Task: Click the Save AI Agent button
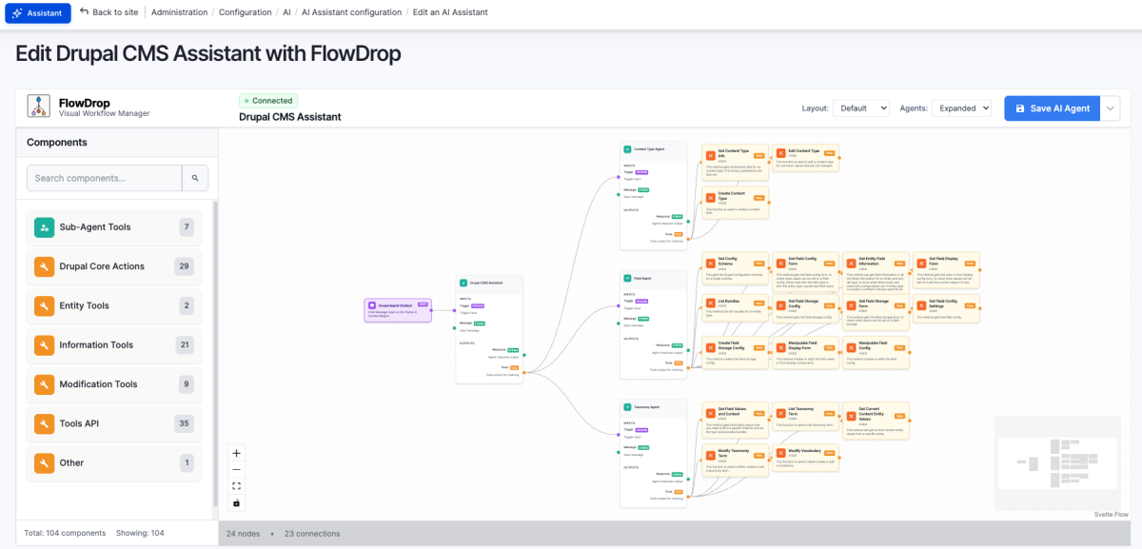coord(1052,108)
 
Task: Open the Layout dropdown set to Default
coord(860,108)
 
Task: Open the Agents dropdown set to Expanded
coord(961,108)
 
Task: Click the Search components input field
coord(103,178)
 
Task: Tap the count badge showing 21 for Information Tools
coord(185,345)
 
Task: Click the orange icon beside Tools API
coord(44,423)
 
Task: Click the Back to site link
coord(108,12)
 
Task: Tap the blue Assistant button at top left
coord(38,13)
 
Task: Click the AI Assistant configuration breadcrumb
coord(351,12)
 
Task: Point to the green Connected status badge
coord(268,100)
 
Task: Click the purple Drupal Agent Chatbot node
coord(398,308)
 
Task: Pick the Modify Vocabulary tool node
coord(805,455)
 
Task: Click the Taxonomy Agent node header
coord(653,405)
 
